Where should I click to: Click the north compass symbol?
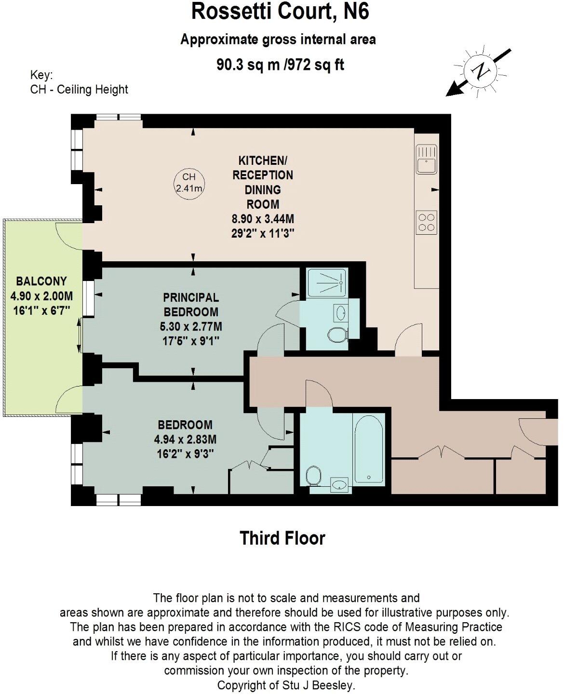click(x=479, y=71)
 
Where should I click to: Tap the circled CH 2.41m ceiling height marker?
click(x=188, y=183)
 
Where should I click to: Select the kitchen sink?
click(x=427, y=160)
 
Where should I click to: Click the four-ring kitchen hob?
click(x=427, y=222)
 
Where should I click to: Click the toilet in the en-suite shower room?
click(x=337, y=334)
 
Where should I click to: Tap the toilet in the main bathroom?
click(x=314, y=476)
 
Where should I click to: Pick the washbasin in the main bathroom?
click(x=340, y=484)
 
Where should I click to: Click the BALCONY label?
click(x=41, y=281)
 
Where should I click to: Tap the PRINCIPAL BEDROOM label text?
click(x=191, y=305)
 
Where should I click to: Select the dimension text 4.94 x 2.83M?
click(x=185, y=439)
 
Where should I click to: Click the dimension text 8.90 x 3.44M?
click(x=263, y=219)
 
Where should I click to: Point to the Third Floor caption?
click(x=282, y=538)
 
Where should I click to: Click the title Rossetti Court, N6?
click(x=280, y=12)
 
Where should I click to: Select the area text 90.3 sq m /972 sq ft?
click(x=280, y=65)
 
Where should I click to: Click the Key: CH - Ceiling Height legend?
click(x=79, y=82)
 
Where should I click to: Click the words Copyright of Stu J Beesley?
click(x=286, y=685)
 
